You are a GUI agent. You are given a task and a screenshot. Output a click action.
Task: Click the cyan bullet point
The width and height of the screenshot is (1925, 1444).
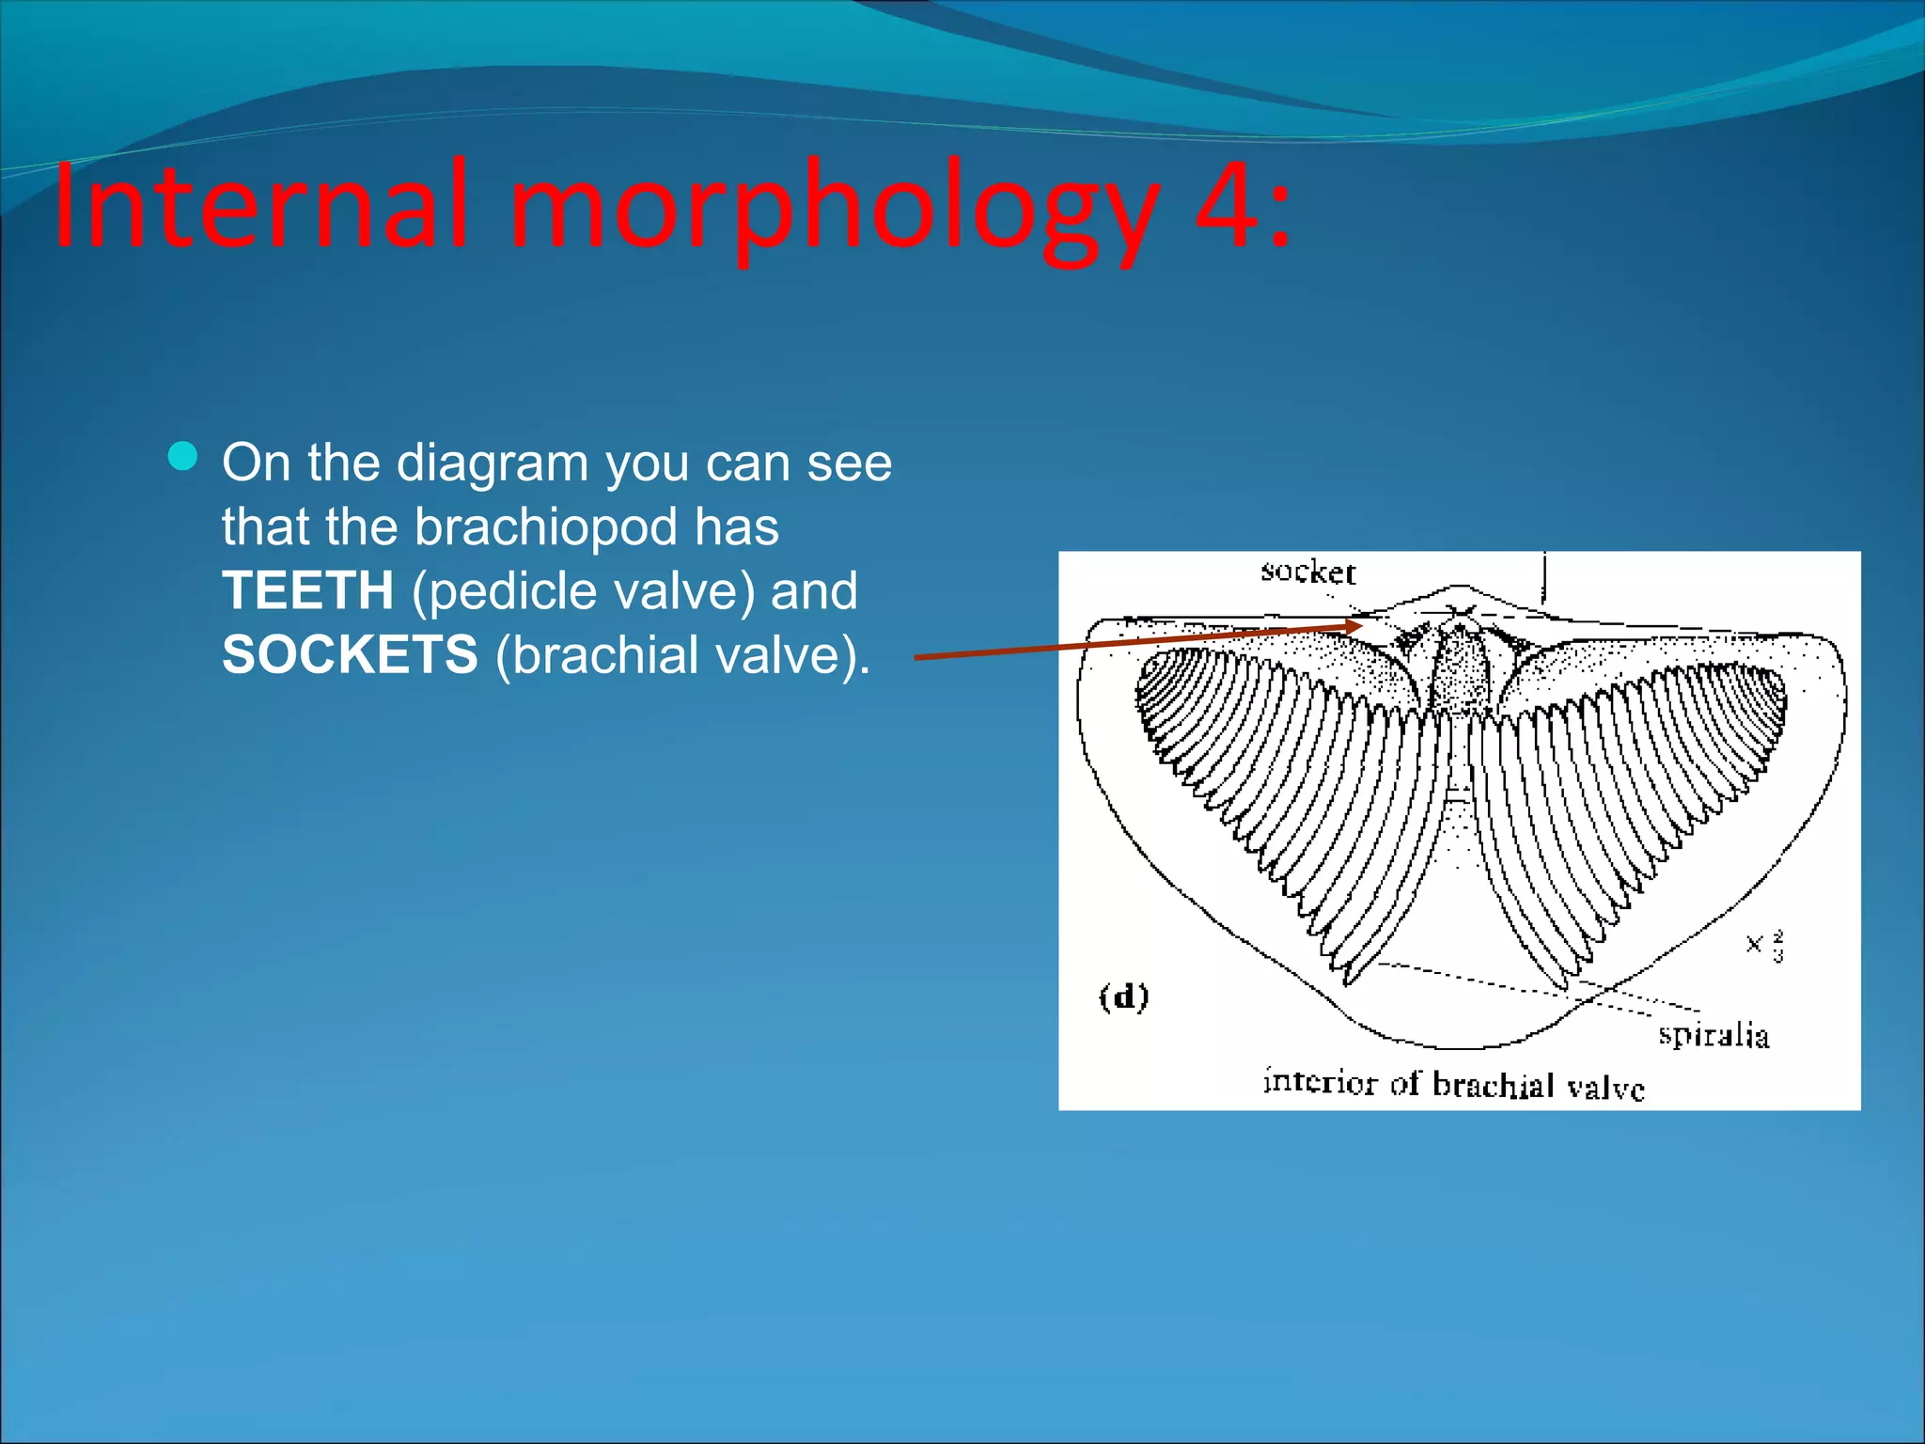182,457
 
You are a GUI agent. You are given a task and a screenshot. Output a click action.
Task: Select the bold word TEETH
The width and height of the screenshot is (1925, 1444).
307,590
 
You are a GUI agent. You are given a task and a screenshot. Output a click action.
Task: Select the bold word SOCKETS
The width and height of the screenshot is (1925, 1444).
350,654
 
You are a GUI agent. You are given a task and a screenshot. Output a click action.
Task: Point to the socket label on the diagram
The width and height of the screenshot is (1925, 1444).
1307,572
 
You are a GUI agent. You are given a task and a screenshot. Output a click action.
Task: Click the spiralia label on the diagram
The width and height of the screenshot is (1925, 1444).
1713,1035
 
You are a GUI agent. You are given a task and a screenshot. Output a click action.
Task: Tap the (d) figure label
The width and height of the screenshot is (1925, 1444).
1124,997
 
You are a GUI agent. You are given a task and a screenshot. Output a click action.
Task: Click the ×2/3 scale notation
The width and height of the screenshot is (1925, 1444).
1764,945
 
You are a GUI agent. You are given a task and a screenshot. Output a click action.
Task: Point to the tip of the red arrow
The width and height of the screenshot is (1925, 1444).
1362,624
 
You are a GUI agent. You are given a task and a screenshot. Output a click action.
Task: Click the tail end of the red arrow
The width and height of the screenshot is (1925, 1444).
917,657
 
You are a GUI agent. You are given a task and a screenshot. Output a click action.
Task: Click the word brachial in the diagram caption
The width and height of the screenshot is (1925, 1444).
1493,1085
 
